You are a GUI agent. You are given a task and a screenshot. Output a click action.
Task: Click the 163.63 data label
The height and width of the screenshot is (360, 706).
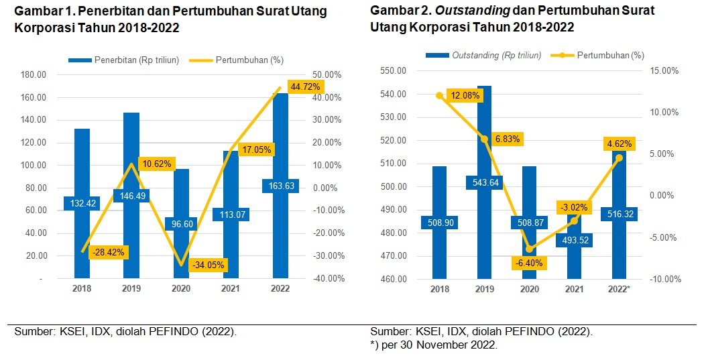281,186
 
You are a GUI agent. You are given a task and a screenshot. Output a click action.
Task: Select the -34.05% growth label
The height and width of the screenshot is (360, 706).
208,265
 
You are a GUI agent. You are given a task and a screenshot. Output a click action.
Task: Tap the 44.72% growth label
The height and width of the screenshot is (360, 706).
306,86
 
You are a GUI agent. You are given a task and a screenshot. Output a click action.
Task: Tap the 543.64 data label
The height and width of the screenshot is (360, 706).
485,182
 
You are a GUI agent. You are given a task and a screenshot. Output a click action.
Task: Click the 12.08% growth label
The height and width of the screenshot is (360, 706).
465,95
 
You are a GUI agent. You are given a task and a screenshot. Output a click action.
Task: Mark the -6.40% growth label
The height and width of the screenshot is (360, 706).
530,263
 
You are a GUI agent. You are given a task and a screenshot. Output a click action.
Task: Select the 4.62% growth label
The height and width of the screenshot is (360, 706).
618,143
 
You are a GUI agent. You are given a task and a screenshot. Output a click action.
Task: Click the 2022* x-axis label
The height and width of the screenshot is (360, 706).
618,288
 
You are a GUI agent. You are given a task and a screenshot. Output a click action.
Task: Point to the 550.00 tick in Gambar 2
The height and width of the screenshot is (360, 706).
394,70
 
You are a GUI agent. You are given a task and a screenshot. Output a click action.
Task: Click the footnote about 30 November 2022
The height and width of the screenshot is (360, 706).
434,345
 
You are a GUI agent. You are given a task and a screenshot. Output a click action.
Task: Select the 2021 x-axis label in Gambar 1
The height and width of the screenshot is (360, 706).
231,288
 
